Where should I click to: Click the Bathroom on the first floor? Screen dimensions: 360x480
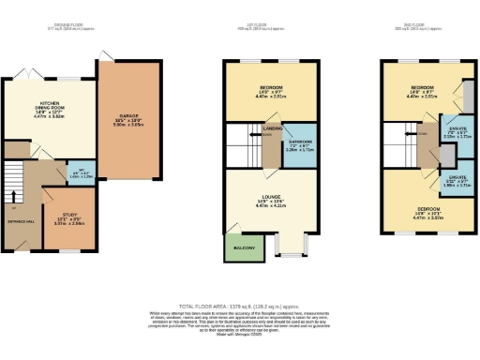pos(300,146)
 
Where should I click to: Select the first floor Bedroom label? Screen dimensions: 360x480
pos(270,91)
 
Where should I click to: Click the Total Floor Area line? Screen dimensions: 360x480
pos(240,307)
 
